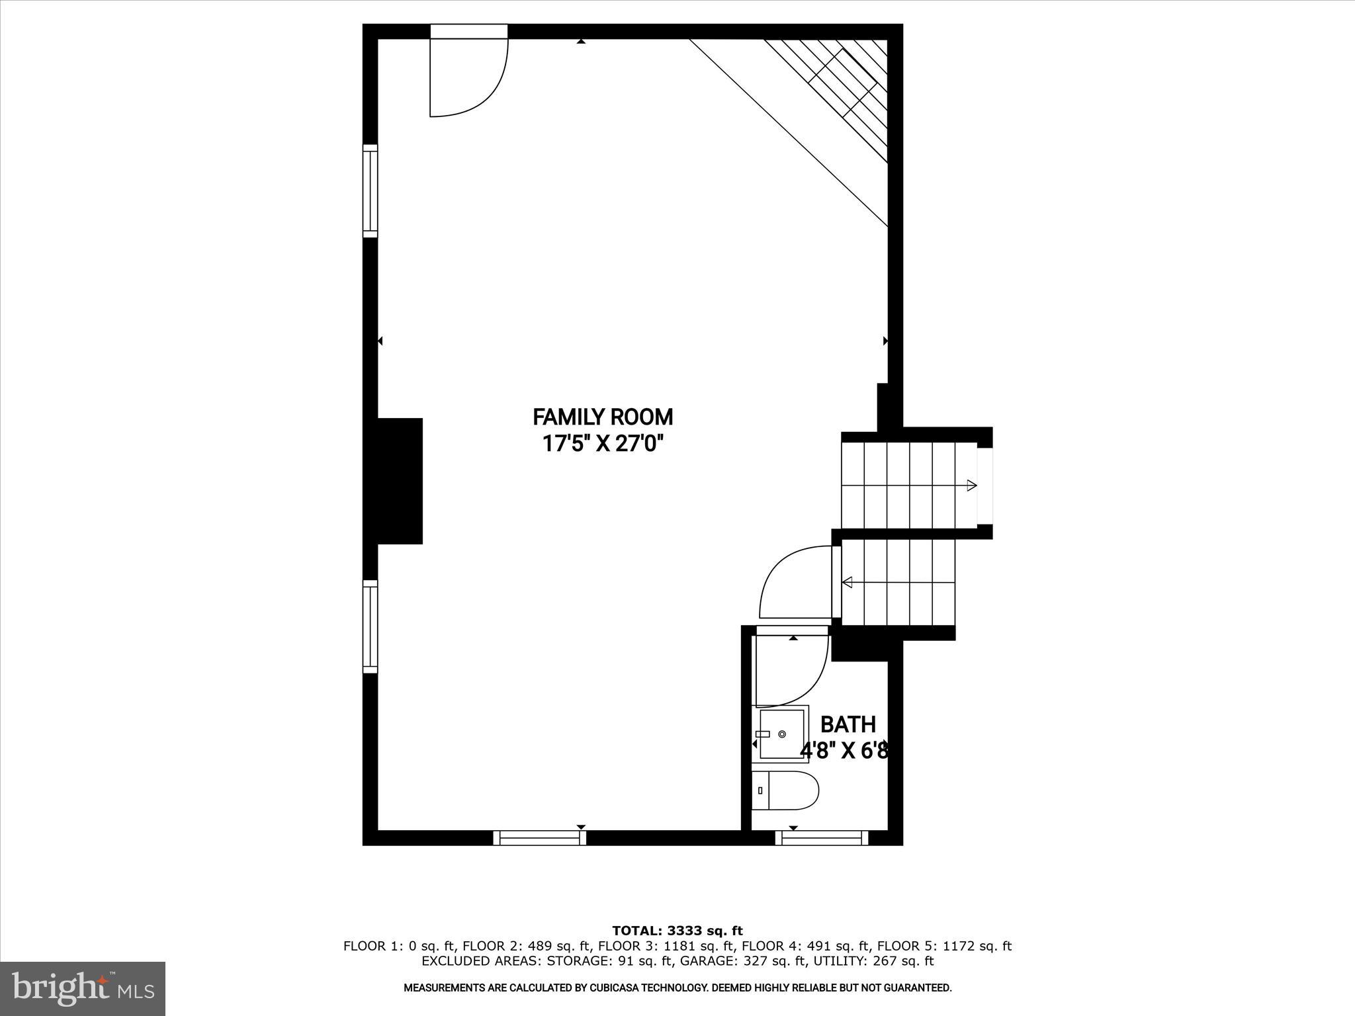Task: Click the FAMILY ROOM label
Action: coord(603,417)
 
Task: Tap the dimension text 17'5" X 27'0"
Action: coord(603,443)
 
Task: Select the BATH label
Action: coord(848,725)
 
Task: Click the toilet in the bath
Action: coord(785,790)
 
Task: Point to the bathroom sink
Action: coord(783,734)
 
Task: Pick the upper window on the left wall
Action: coord(371,190)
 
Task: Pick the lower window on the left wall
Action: coord(371,626)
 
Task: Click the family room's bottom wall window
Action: coord(540,837)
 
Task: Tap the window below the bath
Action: coord(822,837)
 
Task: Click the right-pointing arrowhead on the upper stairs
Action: coord(971,486)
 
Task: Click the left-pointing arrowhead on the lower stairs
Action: coord(846,582)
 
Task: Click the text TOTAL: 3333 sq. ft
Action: coord(677,931)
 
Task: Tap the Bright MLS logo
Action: coord(83,988)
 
